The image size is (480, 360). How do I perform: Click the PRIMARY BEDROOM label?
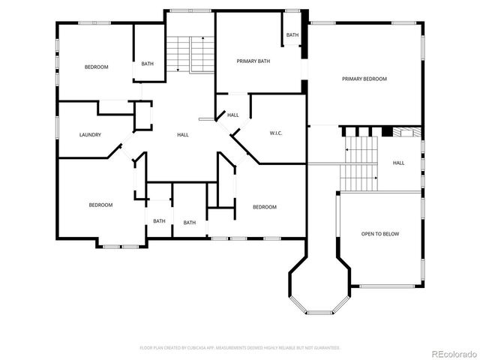click(x=364, y=79)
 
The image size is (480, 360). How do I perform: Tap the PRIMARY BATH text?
click(x=253, y=61)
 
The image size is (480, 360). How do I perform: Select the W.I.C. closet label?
click(x=275, y=133)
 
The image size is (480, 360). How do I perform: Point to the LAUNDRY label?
click(x=90, y=135)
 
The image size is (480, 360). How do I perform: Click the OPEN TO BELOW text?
click(x=380, y=234)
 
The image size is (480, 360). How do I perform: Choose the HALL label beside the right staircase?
click(x=399, y=163)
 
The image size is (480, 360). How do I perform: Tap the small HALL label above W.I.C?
click(x=233, y=115)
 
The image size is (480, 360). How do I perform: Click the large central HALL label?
click(x=183, y=135)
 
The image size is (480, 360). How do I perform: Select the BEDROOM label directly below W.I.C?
click(x=264, y=207)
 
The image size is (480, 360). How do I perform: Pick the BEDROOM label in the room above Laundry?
click(x=96, y=67)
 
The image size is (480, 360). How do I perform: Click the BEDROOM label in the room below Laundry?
click(x=100, y=205)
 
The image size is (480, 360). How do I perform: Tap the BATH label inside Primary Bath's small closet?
click(x=292, y=35)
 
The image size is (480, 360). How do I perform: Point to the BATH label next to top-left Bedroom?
click(x=148, y=63)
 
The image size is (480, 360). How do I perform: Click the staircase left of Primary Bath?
click(x=190, y=53)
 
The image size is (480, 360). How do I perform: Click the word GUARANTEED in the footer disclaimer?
click(x=326, y=348)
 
